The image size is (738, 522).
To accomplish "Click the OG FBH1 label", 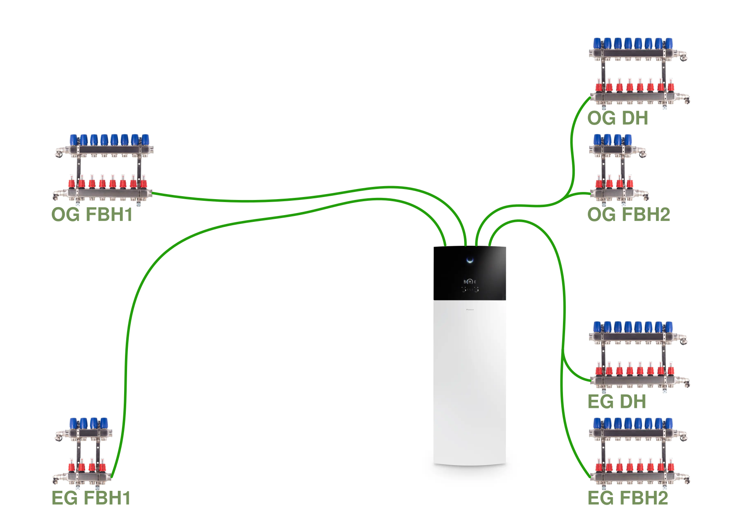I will pos(92,214).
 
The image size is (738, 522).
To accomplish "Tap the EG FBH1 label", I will pos(91,498).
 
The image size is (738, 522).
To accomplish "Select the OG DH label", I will pos(618,118).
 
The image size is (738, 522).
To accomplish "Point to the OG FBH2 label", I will pos(629,214).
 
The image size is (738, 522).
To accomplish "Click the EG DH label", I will pos(617,402).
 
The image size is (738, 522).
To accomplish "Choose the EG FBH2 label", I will pos(628,498).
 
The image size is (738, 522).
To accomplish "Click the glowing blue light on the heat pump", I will pos(470,260).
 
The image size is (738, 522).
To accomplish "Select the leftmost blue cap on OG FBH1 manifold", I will pos(74,140).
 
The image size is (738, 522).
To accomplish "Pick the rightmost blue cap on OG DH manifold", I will pos(669,43).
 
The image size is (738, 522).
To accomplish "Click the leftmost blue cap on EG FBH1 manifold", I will pos(74,423).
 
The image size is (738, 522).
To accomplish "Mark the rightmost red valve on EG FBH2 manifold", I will pos(670,466).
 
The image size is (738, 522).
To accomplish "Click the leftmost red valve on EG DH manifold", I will pos(599,370).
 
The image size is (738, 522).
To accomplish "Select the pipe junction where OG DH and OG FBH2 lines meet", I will pos(566,197).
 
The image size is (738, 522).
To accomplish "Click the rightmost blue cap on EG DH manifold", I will pos(669,327).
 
